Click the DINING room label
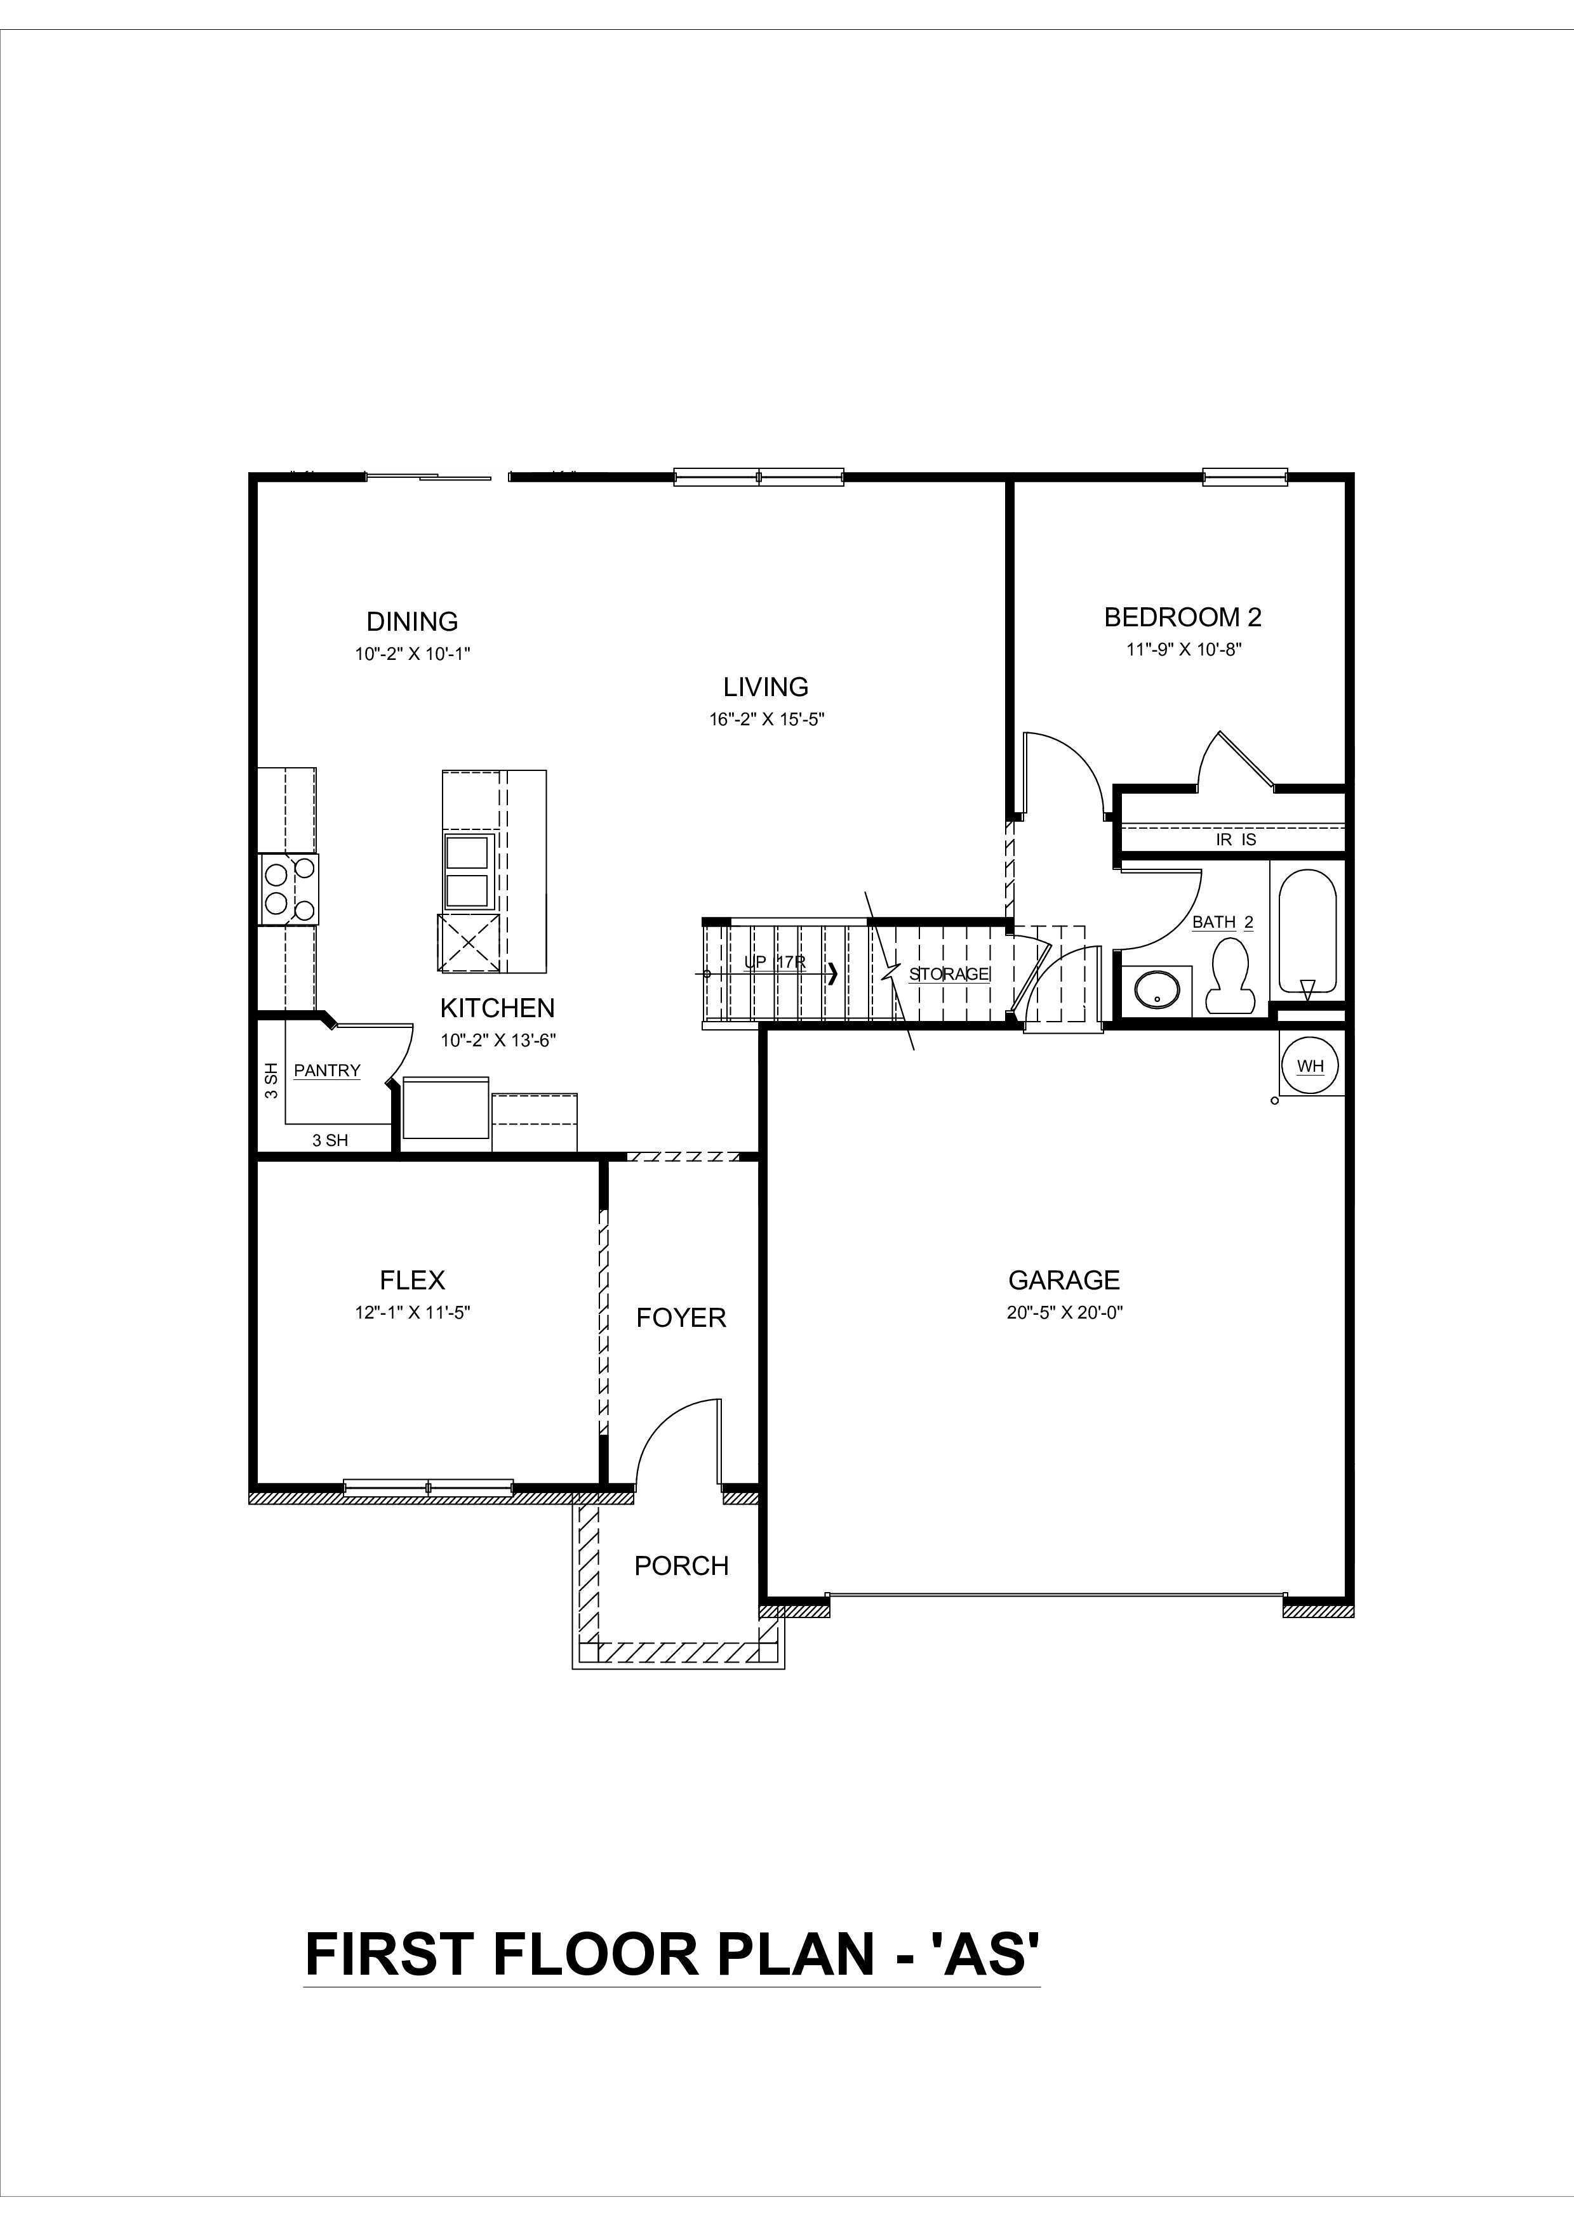point(411,621)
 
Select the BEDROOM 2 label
point(1182,617)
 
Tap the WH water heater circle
point(1311,1067)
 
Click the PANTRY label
point(327,1070)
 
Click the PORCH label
point(681,1566)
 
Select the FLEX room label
point(412,1281)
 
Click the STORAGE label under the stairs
point(949,973)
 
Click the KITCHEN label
point(498,1008)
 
